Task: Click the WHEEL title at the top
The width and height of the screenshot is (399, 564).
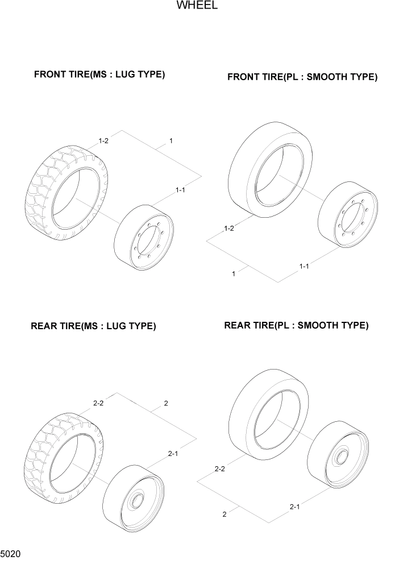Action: point(197,6)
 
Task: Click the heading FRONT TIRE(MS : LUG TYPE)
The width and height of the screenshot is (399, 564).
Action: point(99,74)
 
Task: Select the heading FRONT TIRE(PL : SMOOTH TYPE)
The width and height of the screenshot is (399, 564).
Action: point(302,77)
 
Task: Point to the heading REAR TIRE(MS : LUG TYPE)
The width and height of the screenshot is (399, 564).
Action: point(93,326)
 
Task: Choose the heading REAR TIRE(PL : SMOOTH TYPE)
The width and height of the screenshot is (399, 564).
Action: point(296,326)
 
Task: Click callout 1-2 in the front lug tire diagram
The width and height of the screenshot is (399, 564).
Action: point(103,140)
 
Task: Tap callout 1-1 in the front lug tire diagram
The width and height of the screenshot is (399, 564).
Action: point(180,190)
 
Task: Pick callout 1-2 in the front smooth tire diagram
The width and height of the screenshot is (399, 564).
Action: point(229,229)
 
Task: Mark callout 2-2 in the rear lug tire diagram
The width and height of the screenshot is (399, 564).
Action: point(98,403)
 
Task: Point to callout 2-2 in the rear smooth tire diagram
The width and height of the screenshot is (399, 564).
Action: point(220,469)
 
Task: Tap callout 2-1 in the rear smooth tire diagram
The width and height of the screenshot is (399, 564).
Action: point(294,506)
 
